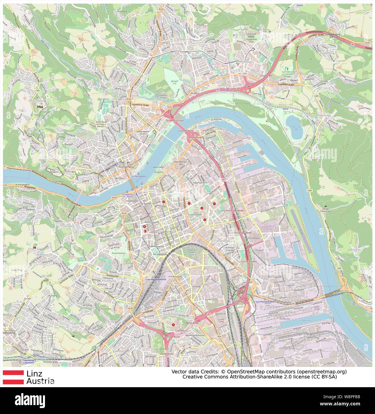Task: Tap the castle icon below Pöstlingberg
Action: [41, 106]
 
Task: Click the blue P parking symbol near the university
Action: [234, 35]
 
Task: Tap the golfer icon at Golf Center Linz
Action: [287, 69]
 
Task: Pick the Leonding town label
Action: [9, 333]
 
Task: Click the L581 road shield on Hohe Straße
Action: [37, 90]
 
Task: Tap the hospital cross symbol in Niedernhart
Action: [173, 325]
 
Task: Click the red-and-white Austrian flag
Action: [13, 377]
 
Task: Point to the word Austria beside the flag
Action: [40, 381]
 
